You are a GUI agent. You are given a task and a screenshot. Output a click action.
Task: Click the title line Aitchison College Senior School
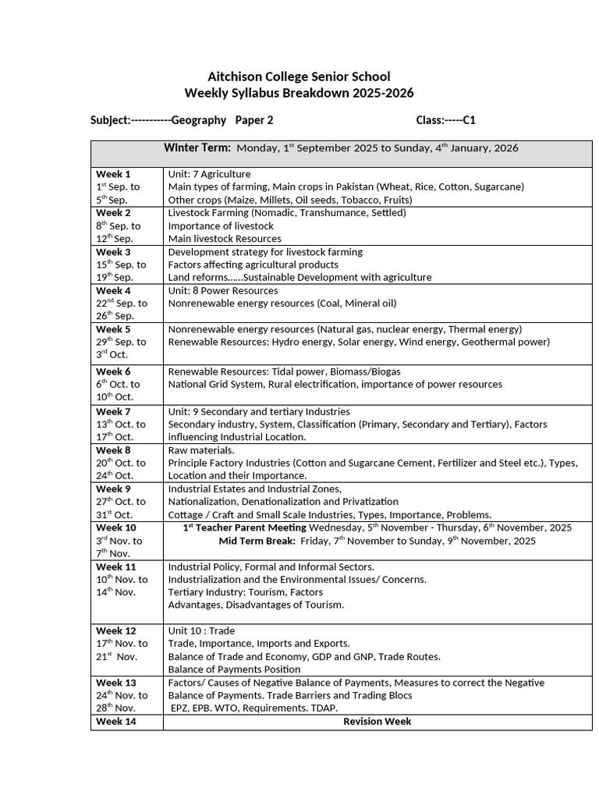tap(299, 76)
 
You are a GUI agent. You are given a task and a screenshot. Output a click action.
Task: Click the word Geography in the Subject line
tap(199, 120)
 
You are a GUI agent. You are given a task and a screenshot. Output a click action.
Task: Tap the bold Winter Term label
tap(197, 147)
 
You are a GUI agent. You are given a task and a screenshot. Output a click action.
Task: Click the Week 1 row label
tap(113, 174)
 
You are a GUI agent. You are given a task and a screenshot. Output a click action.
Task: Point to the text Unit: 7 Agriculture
tap(209, 174)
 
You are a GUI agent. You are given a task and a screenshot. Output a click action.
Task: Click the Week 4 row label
tap(113, 290)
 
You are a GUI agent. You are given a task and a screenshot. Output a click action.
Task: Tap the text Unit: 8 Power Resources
tap(222, 290)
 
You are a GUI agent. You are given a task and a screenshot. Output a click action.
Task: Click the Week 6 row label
tap(113, 371)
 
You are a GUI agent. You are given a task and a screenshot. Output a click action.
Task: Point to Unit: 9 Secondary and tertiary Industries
tap(259, 411)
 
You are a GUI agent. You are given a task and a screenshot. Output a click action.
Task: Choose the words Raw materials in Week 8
tap(201, 450)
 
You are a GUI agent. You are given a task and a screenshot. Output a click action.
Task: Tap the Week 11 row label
tap(115, 566)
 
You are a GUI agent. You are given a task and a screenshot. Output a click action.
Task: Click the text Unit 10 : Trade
tap(201, 630)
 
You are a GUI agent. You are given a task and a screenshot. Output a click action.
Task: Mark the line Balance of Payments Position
tap(234, 669)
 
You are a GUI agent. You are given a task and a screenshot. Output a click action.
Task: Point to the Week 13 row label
tap(115, 683)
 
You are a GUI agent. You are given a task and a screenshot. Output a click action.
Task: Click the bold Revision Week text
tap(377, 722)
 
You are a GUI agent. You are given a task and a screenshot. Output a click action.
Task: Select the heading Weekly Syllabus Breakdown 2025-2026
tap(299, 94)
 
